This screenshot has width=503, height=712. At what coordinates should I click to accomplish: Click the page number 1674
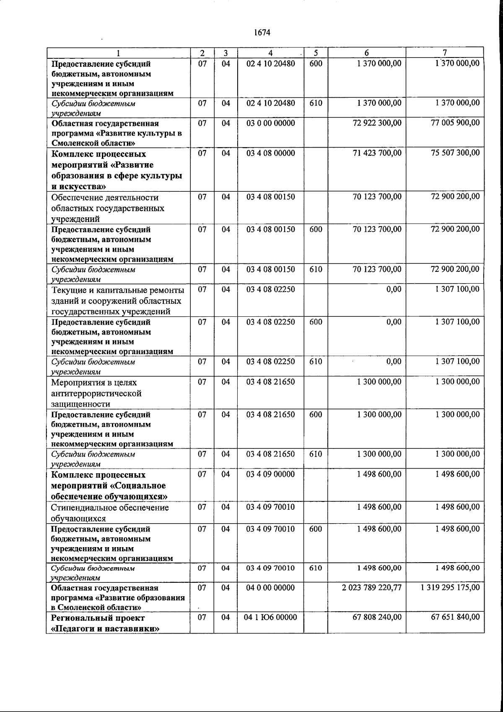click(x=262, y=33)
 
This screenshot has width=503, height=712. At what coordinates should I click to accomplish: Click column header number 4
click(x=271, y=53)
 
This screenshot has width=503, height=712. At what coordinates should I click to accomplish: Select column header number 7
click(x=445, y=53)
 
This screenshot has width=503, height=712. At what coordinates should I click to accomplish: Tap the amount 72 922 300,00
click(x=377, y=123)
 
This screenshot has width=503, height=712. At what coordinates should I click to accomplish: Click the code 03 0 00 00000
click(x=271, y=123)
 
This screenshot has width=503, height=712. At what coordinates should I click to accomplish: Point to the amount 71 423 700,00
click(x=377, y=153)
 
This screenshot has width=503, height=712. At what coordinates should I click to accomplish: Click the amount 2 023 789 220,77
click(x=372, y=587)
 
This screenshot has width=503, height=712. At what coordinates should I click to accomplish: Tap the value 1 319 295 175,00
click(x=450, y=587)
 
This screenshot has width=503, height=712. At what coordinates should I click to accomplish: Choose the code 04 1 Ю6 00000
click(x=270, y=617)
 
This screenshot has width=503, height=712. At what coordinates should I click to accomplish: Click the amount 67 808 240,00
click(x=377, y=617)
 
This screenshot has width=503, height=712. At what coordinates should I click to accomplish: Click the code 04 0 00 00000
click(x=271, y=587)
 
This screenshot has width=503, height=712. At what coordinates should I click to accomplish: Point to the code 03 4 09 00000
click(x=271, y=474)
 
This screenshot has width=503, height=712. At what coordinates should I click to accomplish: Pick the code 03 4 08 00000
click(x=271, y=153)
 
